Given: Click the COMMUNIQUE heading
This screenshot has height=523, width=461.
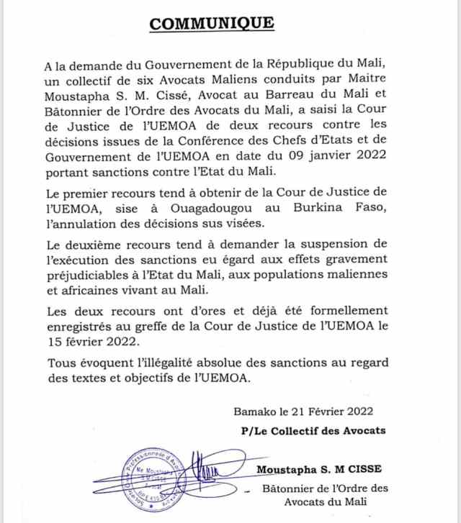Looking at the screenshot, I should [211, 24].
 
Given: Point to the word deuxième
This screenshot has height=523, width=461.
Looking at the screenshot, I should [99, 244].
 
